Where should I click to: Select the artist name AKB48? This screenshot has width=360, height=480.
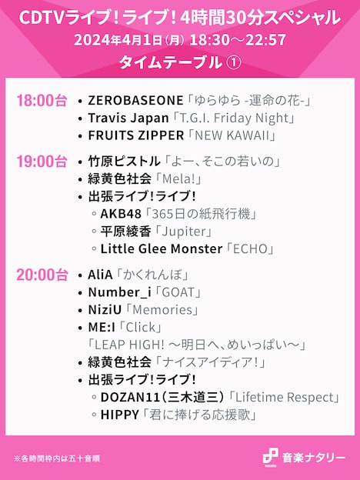click(121, 214)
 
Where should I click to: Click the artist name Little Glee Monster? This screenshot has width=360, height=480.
click(159, 249)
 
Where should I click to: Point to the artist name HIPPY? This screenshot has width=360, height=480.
click(120, 415)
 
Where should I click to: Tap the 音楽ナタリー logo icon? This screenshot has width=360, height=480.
click(269, 457)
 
